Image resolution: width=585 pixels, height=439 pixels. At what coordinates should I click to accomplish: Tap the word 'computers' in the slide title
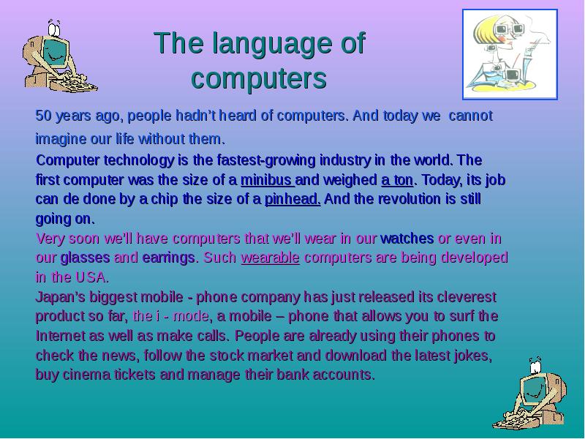(x=258, y=78)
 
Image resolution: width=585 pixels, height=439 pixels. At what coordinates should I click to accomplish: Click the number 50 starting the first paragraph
(x=43, y=116)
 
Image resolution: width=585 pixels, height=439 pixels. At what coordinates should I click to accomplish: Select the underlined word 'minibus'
(x=267, y=179)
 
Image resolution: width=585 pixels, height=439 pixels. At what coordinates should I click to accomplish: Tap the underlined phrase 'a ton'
(x=397, y=179)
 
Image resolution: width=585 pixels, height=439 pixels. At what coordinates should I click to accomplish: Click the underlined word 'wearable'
(x=270, y=258)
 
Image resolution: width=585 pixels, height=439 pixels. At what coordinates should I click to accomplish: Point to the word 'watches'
(x=407, y=239)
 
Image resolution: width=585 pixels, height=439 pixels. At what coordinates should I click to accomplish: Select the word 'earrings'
(x=169, y=258)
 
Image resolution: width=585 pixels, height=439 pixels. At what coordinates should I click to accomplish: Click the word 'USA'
(x=92, y=278)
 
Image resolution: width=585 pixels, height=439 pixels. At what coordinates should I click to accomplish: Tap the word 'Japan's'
(x=59, y=298)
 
